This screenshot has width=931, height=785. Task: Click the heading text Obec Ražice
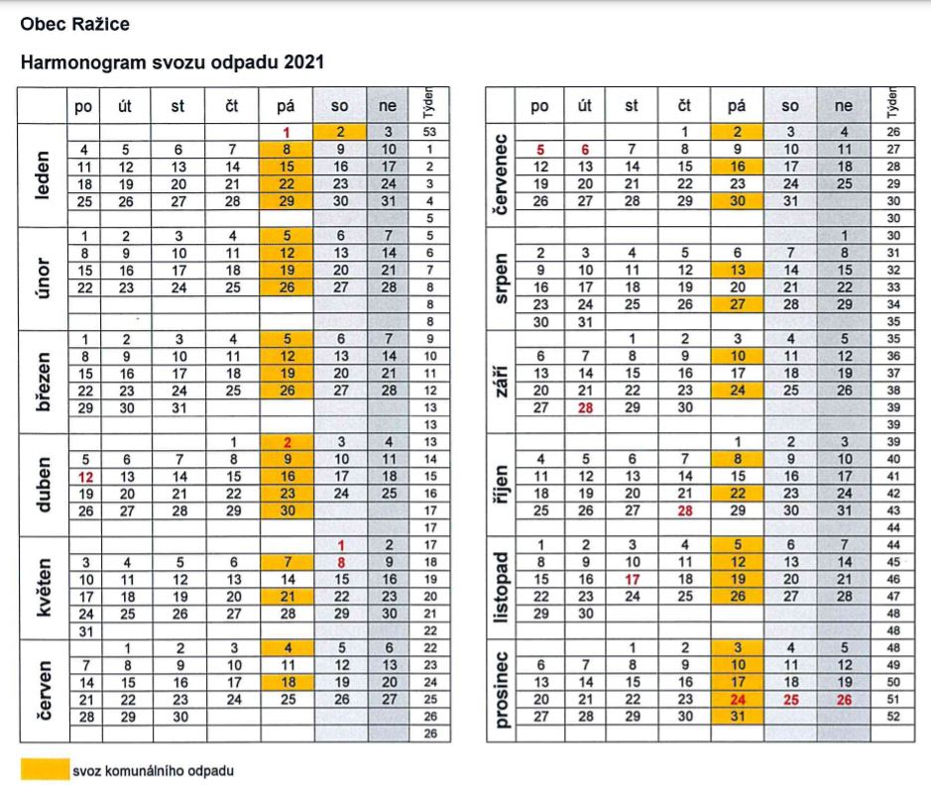74,23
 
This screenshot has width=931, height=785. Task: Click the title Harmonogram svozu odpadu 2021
173,62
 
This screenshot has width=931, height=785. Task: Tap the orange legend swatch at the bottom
44,769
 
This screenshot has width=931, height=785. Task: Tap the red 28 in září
586,407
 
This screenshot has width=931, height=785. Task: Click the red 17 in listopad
633,579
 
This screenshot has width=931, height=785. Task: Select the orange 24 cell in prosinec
736,699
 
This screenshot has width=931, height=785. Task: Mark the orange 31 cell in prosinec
736,716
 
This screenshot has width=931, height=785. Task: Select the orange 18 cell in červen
287,682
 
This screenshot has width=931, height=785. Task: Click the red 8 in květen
339,562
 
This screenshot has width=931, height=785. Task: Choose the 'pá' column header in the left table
287,105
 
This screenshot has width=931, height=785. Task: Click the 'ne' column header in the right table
843,105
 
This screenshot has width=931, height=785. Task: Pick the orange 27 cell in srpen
736,304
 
